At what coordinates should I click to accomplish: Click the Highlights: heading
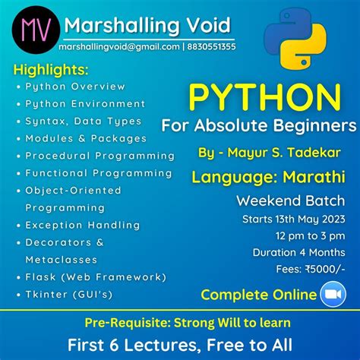(51, 70)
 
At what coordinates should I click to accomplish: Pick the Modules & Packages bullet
(86, 139)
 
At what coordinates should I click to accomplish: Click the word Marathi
(308, 178)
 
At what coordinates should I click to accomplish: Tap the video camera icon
(333, 295)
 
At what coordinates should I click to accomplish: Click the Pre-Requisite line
(180, 322)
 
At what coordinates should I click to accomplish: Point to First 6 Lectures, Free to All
(180, 343)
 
